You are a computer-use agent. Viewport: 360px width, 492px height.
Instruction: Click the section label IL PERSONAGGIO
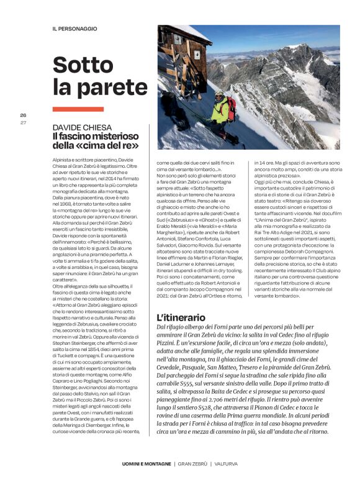75,29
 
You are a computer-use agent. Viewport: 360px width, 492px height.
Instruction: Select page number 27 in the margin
23,122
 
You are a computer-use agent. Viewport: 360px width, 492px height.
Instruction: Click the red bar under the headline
78,109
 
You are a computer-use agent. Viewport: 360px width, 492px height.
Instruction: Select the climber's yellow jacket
219,111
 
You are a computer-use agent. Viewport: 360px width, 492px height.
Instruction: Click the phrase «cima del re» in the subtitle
113,146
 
